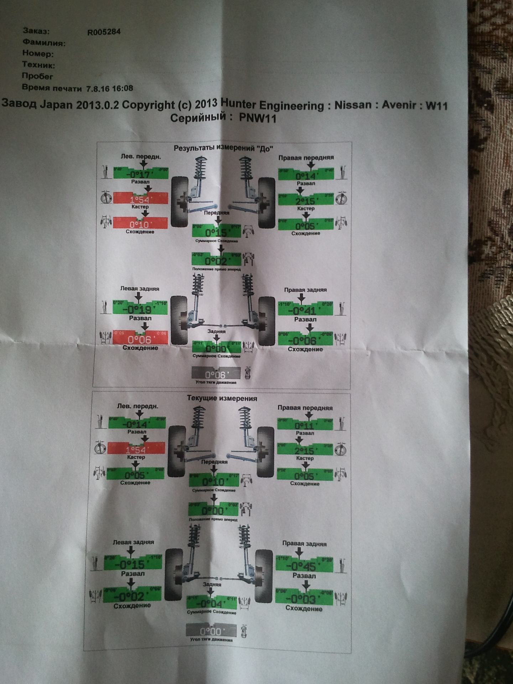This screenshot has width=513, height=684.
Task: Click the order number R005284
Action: [104, 32]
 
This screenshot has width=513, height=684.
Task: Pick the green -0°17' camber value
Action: [140, 174]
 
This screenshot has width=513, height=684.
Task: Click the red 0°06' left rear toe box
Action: [140, 339]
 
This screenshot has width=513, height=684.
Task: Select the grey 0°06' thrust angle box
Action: [216, 374]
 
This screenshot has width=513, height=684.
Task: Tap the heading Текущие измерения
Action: [222, 399]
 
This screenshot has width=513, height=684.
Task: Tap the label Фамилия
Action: [44, 43]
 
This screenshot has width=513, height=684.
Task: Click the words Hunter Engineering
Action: [273, 105]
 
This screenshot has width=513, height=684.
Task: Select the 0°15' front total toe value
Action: [216, 232]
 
